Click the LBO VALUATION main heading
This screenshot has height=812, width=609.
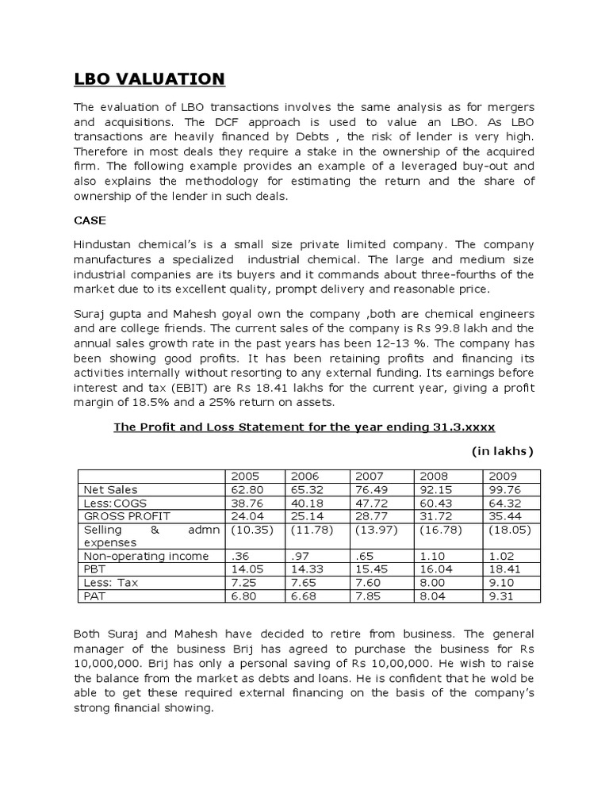coord(150,79)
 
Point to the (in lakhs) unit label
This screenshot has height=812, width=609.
coord(503,451)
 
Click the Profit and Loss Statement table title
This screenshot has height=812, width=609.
coord(304,427)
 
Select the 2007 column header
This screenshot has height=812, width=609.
coord(370,476)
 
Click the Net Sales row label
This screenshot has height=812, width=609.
coord(112,489)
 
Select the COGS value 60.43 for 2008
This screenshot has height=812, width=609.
coord(435,503)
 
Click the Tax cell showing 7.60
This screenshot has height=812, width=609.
coord(369,582)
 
